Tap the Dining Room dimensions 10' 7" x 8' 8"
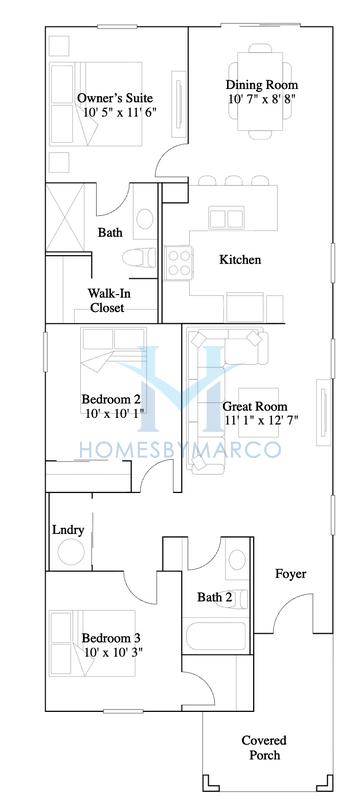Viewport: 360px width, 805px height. pos(260,100)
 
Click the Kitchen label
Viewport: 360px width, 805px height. pos(240,260)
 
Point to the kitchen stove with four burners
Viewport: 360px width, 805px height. pos(180,263)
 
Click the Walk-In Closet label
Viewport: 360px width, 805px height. pos(107,301)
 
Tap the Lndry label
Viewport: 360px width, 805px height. pos(67,529)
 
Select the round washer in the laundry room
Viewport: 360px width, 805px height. pos(70,553)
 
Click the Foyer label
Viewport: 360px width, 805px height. pos(291,574)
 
